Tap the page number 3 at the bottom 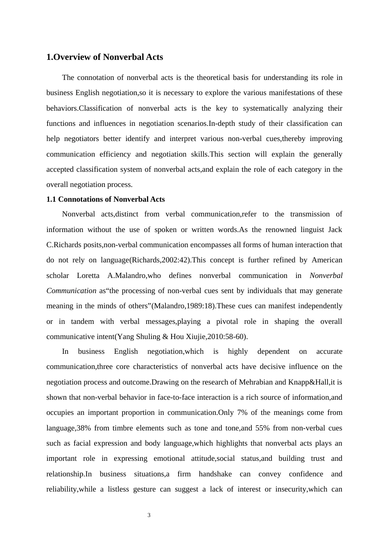point(149,515)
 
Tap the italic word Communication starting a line point(71,291)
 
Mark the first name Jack point(335,230)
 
